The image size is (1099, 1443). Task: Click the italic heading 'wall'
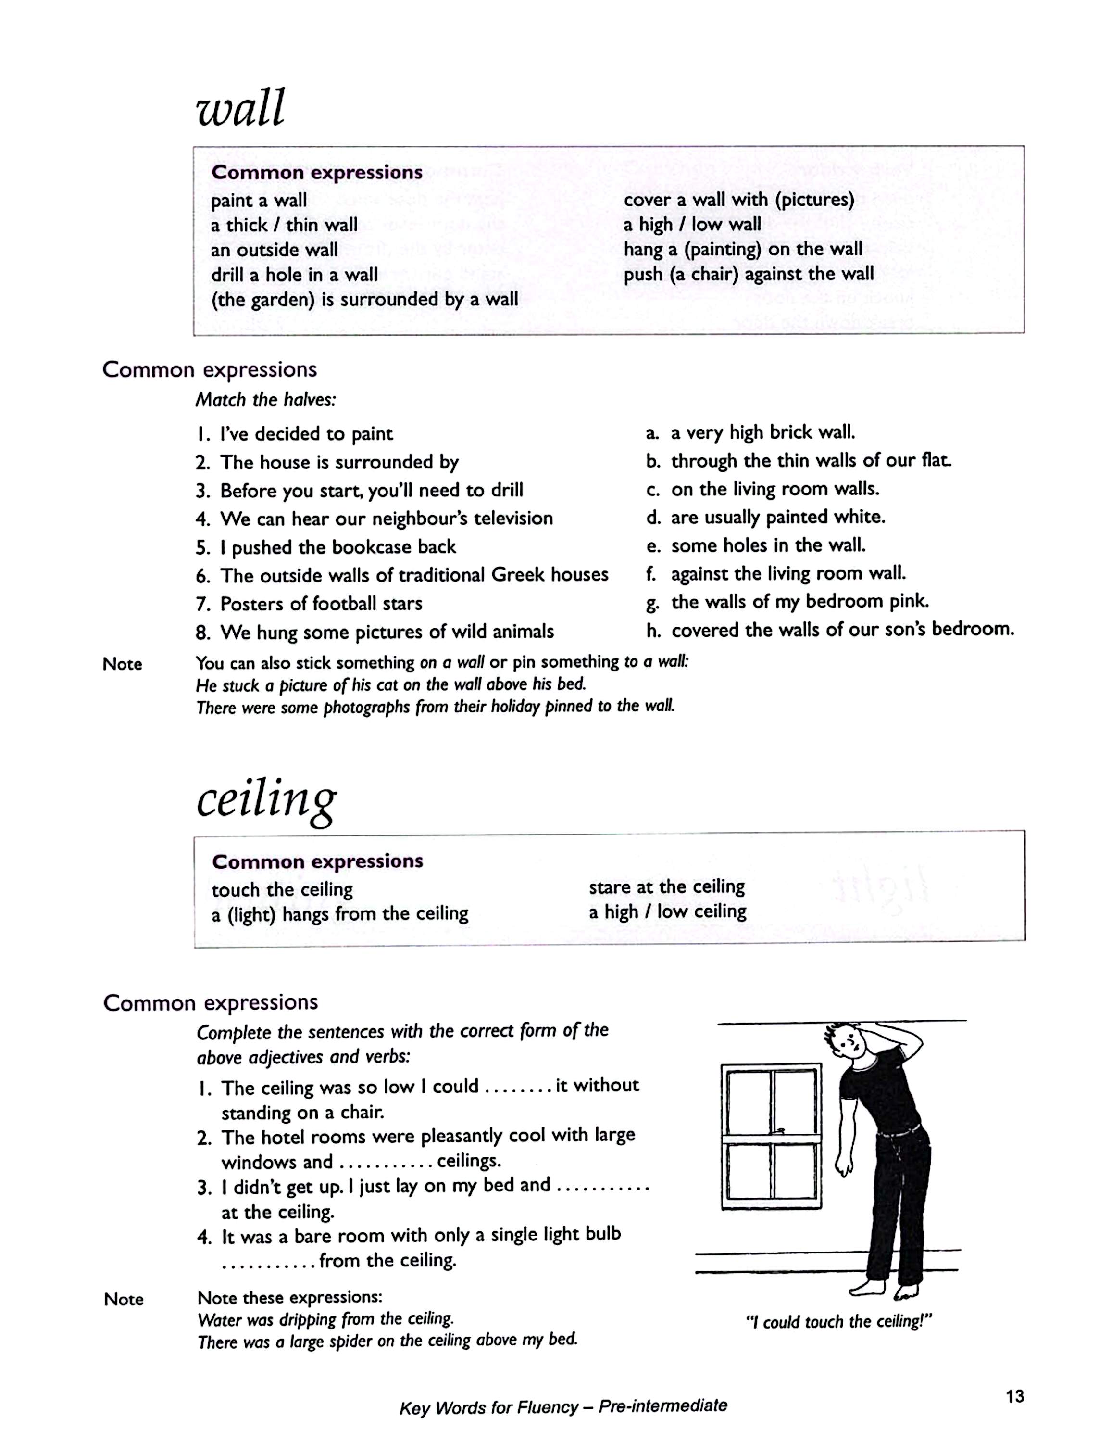pyautogui.click(x=241, y=108)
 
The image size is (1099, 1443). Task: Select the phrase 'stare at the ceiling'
pyautogui.click(x=667, y=887)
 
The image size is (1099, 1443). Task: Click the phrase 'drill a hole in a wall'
pyautogui.click(x=294, y=274)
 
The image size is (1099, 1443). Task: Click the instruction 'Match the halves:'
pyautogui.click(x=265, y=399)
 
